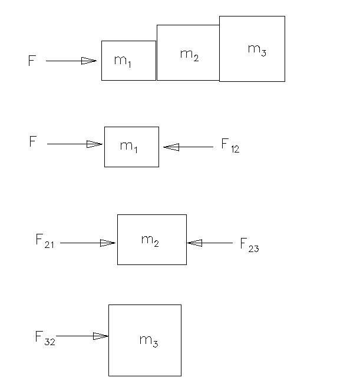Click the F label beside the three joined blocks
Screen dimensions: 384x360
pos(32,61)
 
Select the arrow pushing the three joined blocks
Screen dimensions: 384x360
pos(71,61)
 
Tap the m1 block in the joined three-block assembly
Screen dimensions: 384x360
pos(128,61)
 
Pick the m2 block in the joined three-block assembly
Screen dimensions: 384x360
pos(188,53)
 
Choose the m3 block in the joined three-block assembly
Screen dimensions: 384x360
pos(252,49)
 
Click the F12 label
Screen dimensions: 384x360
pos(230,145)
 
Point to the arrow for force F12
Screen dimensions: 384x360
pos(188,147)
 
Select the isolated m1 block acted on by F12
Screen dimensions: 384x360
pos(131,147)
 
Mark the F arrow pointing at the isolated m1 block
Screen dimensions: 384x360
pos(74,144)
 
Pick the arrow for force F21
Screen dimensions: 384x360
pos(87,242)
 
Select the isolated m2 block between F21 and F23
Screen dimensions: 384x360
pos(151,240)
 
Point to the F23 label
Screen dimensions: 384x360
pos(249,244)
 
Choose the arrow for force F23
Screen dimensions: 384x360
pos(210,242)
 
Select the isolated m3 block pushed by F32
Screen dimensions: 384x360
pos(144,340)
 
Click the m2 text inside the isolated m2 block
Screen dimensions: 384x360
pos(150,240)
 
